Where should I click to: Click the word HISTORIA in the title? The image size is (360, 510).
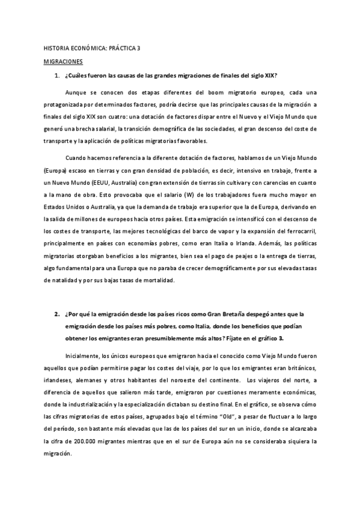click(x=58, y=48)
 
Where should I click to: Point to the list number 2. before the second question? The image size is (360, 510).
click(x=57, y=313)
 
